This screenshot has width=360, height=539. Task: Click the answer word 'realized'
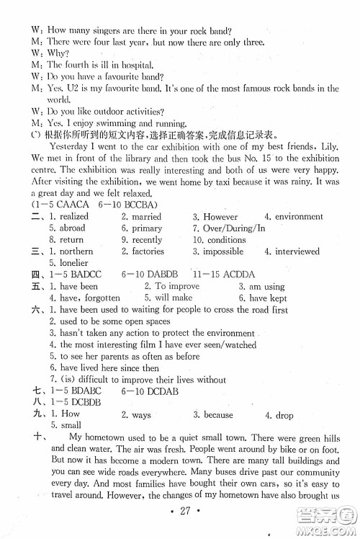pos(73,216)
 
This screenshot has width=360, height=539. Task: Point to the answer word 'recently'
pos(147,240)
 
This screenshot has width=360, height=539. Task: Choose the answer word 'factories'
pos(149,251)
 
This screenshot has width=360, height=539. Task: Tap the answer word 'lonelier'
pos(72,263)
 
